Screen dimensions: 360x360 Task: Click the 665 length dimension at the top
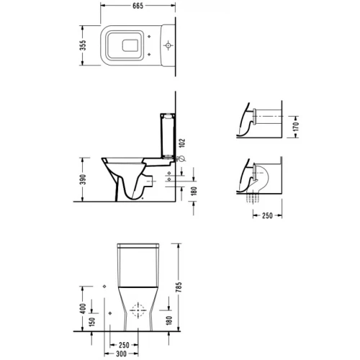pyautogui.click(x=138, y=6)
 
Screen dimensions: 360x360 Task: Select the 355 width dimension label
pyautogui.click(x=83, y=45)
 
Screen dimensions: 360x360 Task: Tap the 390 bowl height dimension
pyautogui.click(x=83, y=179)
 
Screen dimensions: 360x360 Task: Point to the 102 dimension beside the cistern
pyautogui.click(x=182, y=144)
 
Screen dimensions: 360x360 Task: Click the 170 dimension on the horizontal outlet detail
pyautogui.click(x=296, y=127)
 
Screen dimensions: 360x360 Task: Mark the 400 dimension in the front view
pyautogui.click(x=83, y=309)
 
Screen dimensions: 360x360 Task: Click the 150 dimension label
pyautogui.click(x=92, y=322)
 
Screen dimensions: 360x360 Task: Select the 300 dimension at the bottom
pyautogui.click(x=121, y=354)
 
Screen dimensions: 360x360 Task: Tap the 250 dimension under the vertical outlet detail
pyautogui.click(x=267, y=215)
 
